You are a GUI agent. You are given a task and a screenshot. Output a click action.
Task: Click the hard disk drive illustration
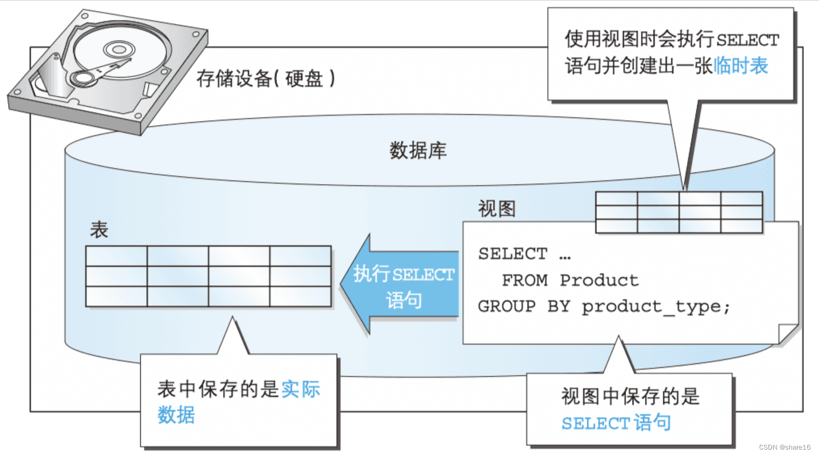pyautogui.click(x=108, y=70)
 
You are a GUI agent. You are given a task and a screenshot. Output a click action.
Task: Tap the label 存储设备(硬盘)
pyautogui.click(x=265, y=79)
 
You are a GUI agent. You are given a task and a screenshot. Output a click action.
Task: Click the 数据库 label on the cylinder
pyautogui.click(x=418, y=150)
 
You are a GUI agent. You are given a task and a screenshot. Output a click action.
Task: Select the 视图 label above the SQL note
pyautogui.click(x=497, y=209)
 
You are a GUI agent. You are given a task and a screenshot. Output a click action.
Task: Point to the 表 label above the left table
pyautogui.click(x=99, y=230)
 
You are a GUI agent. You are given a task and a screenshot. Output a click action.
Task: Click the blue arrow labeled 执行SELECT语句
pyautogui.click(x=401, y=286)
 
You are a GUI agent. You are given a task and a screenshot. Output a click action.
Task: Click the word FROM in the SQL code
pyautogui.click(x=525, y=280)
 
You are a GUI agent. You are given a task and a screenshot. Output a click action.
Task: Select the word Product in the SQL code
pyautogui.click(x=599, y=280)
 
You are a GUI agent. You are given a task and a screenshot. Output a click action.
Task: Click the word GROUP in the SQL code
pyautogui.click(x=506, y=307)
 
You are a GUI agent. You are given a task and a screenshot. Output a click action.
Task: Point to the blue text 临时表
pyautogui.click(x=741, y=66)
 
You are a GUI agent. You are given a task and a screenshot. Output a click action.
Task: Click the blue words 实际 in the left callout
pyautogui.click(x=301, y=389)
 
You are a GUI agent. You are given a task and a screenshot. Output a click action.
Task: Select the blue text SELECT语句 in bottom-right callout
pyautogui.click(x=616, y=423)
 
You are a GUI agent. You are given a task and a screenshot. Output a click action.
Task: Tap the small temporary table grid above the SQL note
pyautogui.click(x=679, y=212)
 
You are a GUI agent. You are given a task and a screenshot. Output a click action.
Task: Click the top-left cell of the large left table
pyautogui.click(x=116, y=256)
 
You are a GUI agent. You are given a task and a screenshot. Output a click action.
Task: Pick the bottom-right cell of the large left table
pyautogui.click(x=300, y=297)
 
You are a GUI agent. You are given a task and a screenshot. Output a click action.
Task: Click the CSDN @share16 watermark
pyautogui.click(x=785, y=447)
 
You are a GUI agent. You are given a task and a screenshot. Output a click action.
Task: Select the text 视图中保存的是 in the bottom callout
pyautogui.click(x=630, y=397)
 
